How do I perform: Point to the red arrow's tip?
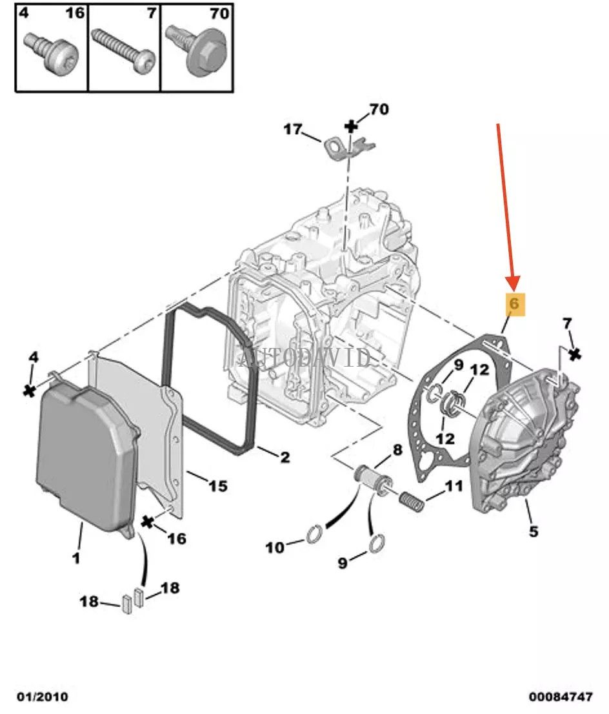pos(514,288)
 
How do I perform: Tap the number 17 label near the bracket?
pos(292,130)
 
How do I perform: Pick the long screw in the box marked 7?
pos(123,49)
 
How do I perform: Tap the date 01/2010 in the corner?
pos(43,697)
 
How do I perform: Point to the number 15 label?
pos(217,485)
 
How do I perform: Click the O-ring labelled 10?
pos(314,535)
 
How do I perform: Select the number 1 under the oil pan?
pos(76,558)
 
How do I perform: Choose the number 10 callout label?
pos(275,547)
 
